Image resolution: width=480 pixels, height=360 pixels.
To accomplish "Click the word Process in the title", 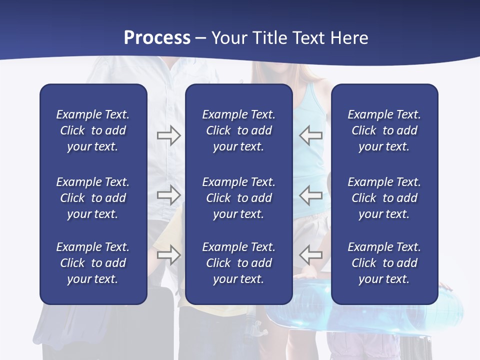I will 157,37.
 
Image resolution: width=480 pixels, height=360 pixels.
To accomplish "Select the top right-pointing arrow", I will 168,135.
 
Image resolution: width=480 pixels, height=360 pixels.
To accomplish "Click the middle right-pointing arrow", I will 168,194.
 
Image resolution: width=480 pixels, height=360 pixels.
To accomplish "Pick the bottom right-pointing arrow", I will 168,254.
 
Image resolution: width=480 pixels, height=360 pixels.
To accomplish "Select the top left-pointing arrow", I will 311,135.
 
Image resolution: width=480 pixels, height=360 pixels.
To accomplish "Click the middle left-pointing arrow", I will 311,194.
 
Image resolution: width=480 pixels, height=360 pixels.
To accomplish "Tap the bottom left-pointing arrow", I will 311,254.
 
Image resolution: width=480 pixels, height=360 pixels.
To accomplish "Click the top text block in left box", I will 93,130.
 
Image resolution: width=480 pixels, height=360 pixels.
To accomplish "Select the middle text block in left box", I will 93,198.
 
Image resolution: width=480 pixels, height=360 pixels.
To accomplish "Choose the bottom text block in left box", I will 93,263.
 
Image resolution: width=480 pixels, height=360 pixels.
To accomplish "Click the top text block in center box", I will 238,130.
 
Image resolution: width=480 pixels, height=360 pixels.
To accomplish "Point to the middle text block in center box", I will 238,198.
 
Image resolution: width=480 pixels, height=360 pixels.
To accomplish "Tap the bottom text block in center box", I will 238,263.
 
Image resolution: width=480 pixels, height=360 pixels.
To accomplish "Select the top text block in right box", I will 384,130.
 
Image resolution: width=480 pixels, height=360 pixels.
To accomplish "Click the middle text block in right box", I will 384,198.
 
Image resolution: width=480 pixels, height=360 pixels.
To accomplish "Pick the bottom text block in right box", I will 384,263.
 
